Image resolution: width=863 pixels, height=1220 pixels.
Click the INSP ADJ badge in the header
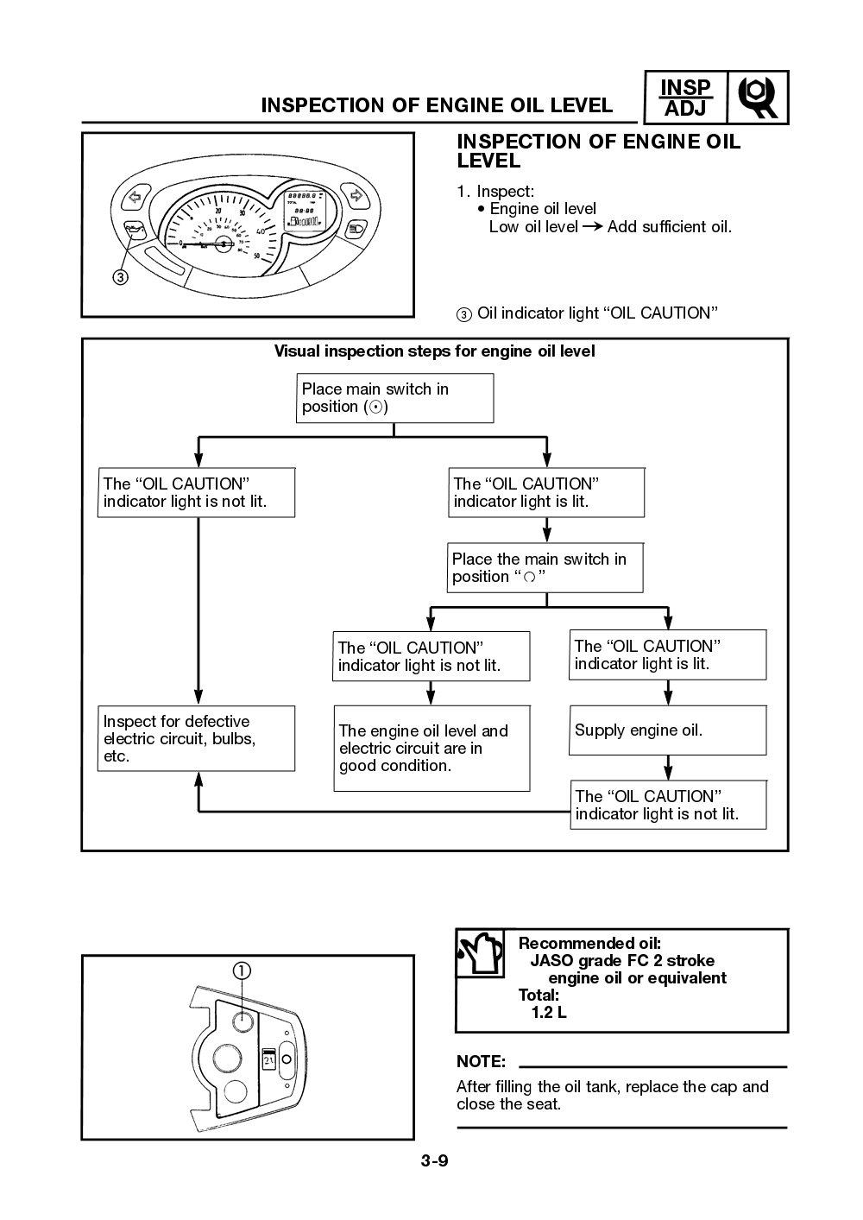click(x=685, y=98)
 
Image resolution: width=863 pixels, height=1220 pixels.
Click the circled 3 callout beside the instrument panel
click(x=120, y=276)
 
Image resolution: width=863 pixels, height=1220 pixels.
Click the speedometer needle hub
click(x=224, y=244)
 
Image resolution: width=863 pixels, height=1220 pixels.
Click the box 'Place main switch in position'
click(x=394, y=398)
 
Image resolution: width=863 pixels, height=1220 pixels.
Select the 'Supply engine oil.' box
click(x=667, y=730)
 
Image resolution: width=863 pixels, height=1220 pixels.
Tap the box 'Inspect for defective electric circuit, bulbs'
click(x=196, y=738)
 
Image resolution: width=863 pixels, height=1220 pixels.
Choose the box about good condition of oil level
click(x=431, y=748)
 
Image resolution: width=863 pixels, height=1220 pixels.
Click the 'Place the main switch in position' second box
click(x=545, y=567)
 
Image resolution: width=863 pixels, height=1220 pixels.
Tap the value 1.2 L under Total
click(x=549, y=1013)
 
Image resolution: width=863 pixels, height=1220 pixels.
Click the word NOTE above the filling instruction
click(x=481, y=1061)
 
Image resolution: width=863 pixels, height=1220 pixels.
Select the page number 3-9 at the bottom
click(x=434, y=1160)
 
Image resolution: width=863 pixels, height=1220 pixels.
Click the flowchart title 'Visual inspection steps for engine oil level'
click(x=434, y=351)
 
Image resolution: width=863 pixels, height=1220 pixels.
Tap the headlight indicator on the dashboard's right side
click(x=354, y=229)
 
